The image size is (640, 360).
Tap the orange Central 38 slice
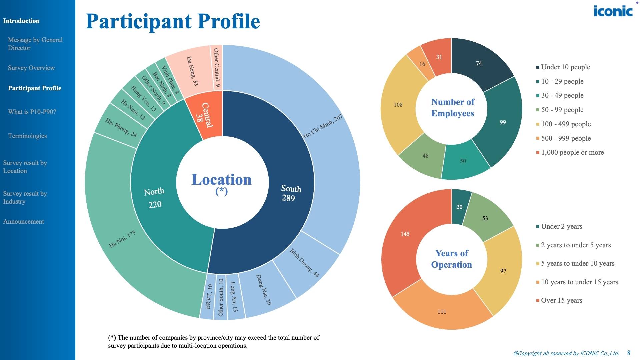click(x=204, y=115)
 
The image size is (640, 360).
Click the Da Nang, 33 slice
click(x=192, y=71)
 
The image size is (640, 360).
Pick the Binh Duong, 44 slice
click(x=304, y=263)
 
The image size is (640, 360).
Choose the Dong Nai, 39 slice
click(x=263, y=289)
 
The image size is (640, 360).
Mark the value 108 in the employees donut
click(x=398, y=105)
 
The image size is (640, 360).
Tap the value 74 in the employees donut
click(x=479, y=63)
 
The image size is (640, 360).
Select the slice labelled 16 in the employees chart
click(x=422, y=64)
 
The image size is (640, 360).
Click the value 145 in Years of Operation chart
click(x=405, y=234)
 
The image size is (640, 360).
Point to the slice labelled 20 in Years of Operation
click(x=459, y=207)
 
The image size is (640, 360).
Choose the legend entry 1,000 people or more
click(x=572, y=152)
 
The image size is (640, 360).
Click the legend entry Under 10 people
click(x=565, y=67)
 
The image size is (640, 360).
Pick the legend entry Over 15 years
click(x=561, y=300)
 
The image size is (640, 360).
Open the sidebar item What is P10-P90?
click(x=32, y=112)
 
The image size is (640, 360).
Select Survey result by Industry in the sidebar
click(x=25, y=197)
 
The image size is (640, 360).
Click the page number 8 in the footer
click(x=629, y=353)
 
